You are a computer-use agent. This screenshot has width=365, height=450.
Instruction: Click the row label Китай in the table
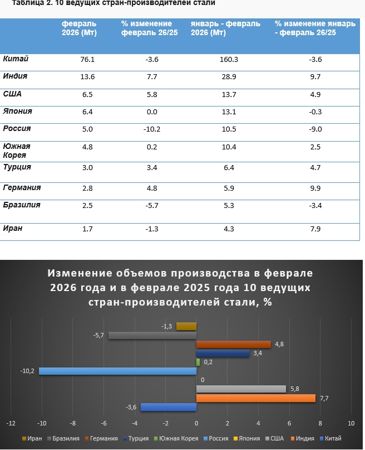[x=16, y=59]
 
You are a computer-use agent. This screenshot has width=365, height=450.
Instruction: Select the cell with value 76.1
[x=87, y=60]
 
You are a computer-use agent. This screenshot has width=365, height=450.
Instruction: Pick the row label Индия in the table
[x=16, y=76]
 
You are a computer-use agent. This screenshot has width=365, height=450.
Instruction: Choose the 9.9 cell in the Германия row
[x=315, y=188]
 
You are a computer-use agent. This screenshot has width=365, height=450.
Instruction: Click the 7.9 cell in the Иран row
[x=315, y=229]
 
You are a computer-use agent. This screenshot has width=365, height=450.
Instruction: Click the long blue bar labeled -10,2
[x=117, y=371]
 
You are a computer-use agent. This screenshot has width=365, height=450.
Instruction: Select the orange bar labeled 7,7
[x=256, y=398]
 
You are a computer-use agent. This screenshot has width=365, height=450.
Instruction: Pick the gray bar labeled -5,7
[x=152, y=335]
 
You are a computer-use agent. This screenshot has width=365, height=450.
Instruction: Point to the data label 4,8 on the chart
[x=279, y=343]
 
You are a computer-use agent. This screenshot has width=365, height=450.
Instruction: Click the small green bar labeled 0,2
[x=198, y=362]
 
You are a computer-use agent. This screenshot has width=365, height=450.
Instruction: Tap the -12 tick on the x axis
[x=11, y=424]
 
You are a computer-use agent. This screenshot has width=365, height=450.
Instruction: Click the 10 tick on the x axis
[x=351, y=424]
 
